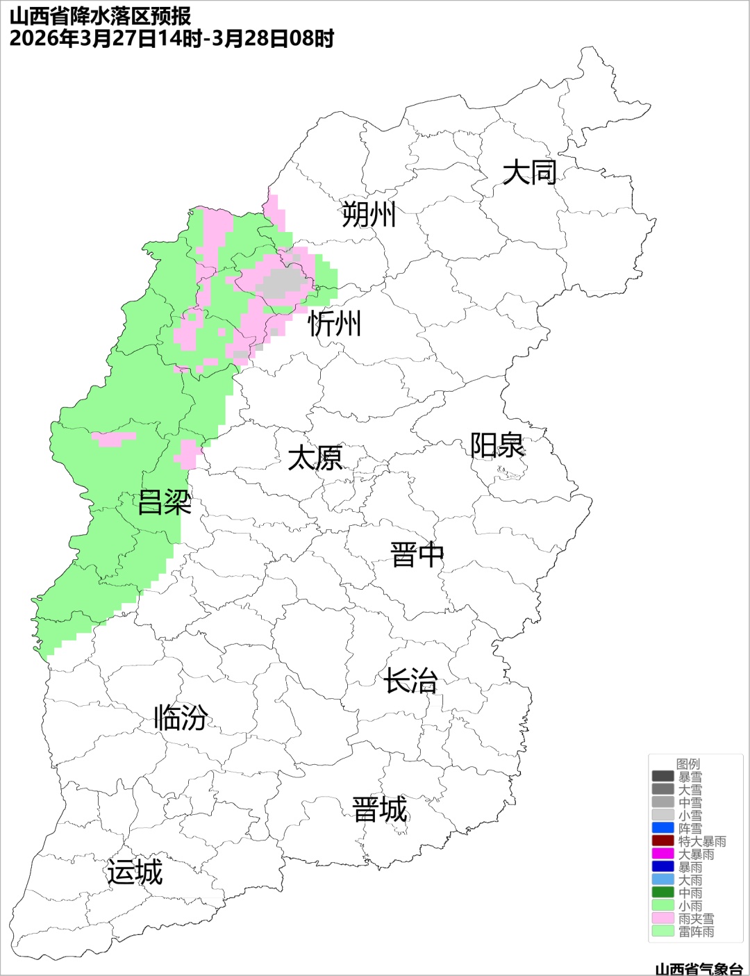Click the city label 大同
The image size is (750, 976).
pyautogui.click(x=529, y=172)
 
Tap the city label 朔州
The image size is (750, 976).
pyautogui.click(x=369, y=214)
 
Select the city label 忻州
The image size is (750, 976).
pyautogui.click(x=335, y=324)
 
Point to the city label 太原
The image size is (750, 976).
pyautogui.click(x=315, y=458)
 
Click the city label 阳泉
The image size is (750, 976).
pyautogui.click(x=497, y=445)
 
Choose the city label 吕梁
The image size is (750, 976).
pyautogui.click(x=165, y=502)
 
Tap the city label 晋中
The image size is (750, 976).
pyautogui.click(x=417, y=555)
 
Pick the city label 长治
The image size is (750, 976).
pyautogui.click(x=410, y=681)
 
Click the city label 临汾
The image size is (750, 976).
pyautogui.click(x=181, y=718)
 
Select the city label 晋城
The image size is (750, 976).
pyautogui.click(x=380, y=810)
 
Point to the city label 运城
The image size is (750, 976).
pyautogui.click(x=135, y=872)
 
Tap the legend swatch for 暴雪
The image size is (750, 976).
pyautogui.click(x=663, y=777)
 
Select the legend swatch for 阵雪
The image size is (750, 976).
pyautogui.click(x=663, y=828)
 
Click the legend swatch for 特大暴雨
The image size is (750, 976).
pyautogui.click(x=663, y=841)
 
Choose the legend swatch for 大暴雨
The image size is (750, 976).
pyautogui.click(x=663, y=854)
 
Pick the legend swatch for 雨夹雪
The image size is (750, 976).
pyautogui.click(x=663, y=918)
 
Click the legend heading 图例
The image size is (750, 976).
pyautogui.click(x=688, y=763)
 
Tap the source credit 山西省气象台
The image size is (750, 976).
pyautogui.click(x=699, y=968)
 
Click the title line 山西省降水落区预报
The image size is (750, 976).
pyautogui.click(x=101, y=16)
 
